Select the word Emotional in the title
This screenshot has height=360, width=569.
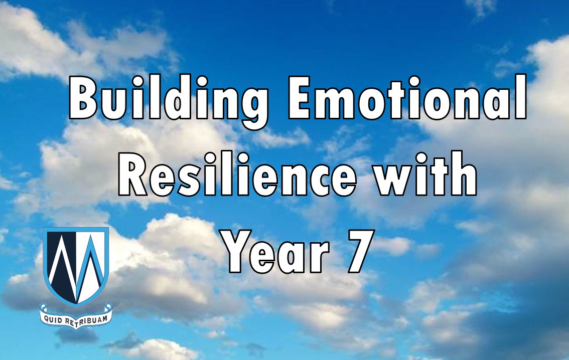[x=407, y=97]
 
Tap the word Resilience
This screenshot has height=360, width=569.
[x=238, y=173]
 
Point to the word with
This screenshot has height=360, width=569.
[x=425, y=173]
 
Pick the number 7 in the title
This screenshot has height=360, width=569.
[x=361, y=251]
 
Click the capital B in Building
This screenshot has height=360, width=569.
[x=83, y=98]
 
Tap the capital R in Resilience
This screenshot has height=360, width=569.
[x=133, y=174]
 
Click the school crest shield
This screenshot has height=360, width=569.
[x=76, y=266]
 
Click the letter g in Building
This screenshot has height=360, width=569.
[x=252, y=106]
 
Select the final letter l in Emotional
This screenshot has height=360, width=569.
[x=521, y=97]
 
